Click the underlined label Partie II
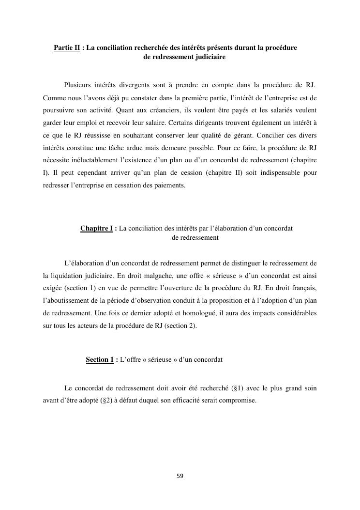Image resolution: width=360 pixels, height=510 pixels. point(67,48)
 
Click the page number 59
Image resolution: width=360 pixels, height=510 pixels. point(180,476)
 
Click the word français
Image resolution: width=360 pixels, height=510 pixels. point(304,288)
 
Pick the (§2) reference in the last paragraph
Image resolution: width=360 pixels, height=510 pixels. point(105,401)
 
